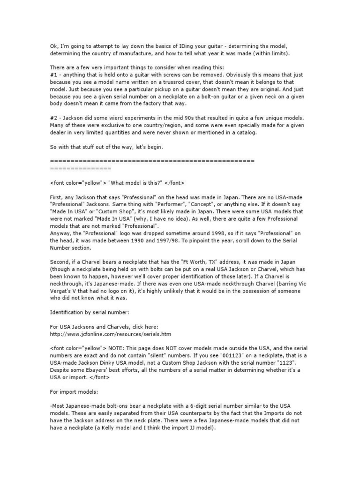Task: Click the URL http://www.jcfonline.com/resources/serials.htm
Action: (110, 334)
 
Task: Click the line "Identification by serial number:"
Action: (93, 310)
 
